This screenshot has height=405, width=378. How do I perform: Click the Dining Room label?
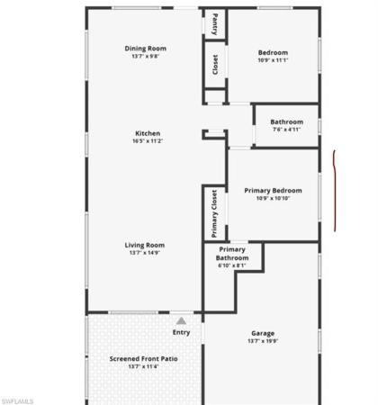[145, 49]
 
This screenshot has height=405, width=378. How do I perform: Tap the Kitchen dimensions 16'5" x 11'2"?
[148, 141]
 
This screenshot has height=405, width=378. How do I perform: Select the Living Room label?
[145, 246]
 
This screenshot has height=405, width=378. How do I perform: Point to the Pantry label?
[215, 24]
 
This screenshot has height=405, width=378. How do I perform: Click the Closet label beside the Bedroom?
[215, 65]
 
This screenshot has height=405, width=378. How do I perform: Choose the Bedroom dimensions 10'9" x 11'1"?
[273, 60]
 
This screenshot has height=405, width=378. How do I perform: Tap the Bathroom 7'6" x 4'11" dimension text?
[287, 130]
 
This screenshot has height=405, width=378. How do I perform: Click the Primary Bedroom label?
[273, 191]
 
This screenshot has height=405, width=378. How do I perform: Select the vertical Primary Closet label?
[214, 213]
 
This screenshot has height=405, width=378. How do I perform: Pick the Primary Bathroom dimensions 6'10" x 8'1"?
[232, 265]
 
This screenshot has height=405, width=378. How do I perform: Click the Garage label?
[263, 334]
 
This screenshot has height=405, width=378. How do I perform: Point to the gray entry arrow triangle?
[181, 321]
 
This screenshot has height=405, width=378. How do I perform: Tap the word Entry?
[181, 332]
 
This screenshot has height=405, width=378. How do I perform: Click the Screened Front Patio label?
[143, 359]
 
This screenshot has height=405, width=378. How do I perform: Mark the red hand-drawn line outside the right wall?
[335, 191]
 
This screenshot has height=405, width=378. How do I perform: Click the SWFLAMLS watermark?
[17, 401]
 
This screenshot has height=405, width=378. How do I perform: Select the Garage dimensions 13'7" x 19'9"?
[263, 341]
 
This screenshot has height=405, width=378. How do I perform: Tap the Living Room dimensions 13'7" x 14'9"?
[145, 253]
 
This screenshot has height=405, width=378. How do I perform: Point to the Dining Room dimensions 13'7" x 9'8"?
[145, 56]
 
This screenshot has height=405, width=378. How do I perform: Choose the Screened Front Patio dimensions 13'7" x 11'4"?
[143, 366]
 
